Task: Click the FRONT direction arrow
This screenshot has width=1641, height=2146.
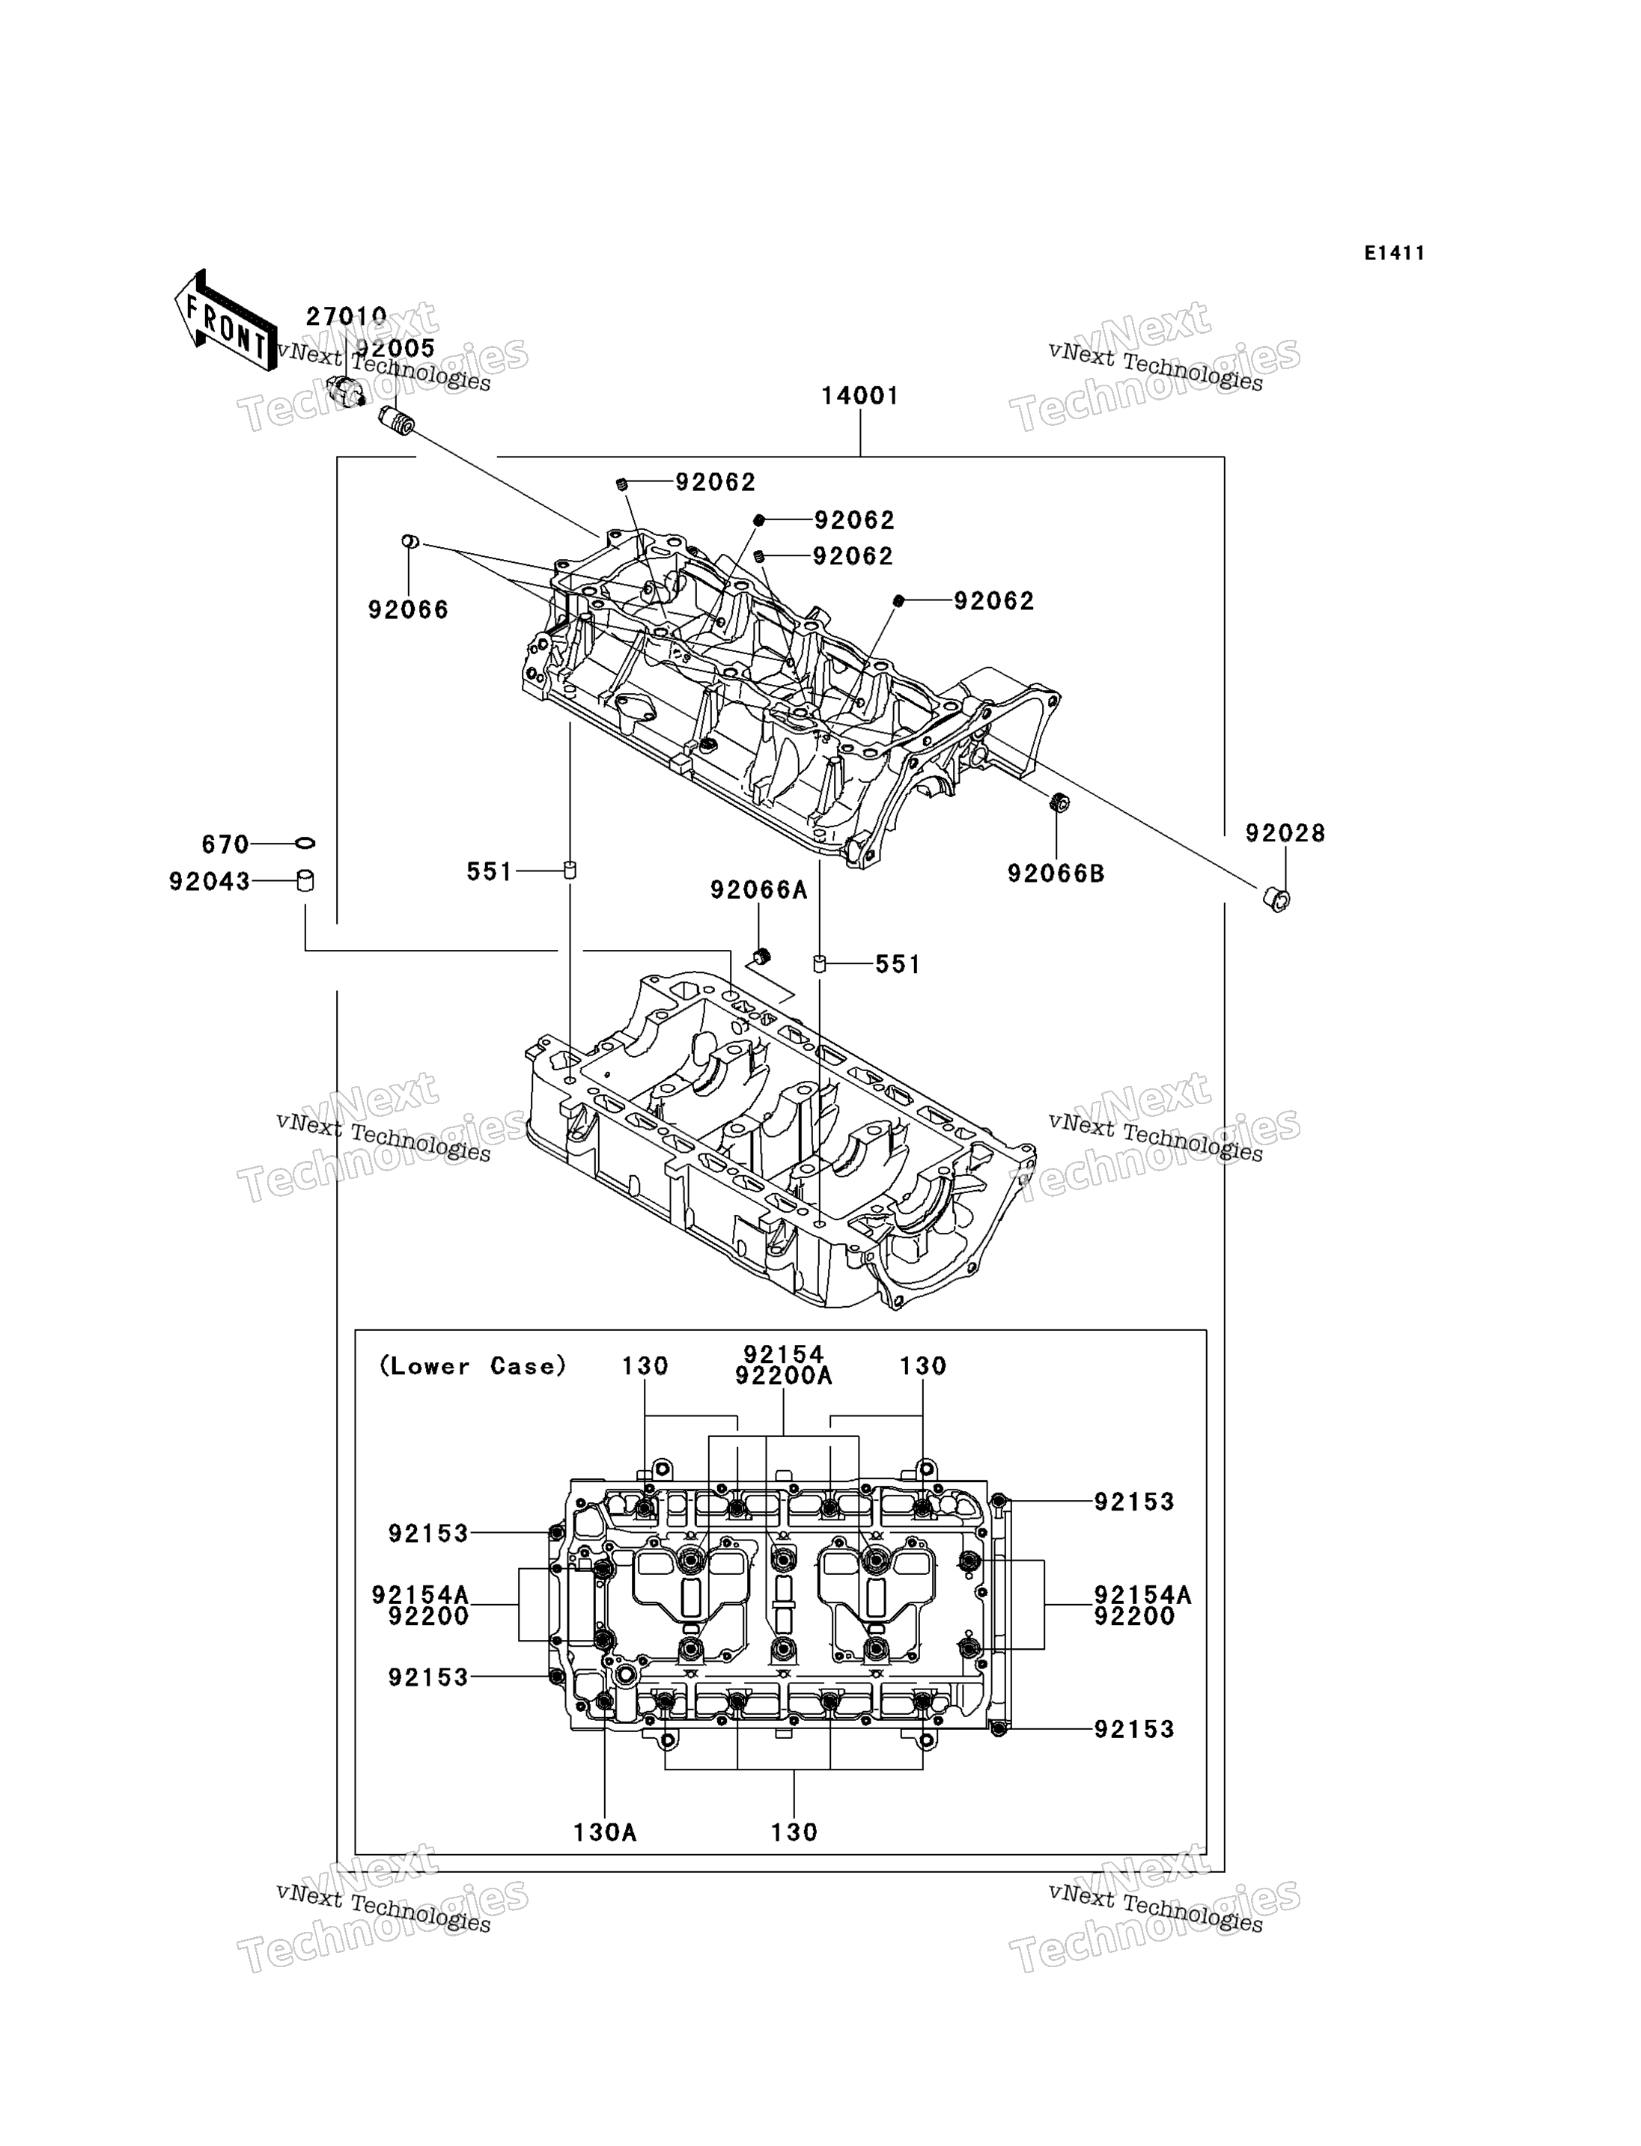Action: click(225, 321)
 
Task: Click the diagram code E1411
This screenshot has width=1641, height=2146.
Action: click(1394, 254)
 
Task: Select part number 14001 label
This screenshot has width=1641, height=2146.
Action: click(859, 396)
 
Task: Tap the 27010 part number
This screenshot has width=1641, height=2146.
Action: click(346, 317)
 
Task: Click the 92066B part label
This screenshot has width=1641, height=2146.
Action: click(1056, 874)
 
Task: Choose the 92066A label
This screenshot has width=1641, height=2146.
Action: click(759, 890)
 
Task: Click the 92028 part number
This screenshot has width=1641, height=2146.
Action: click(1285, 833)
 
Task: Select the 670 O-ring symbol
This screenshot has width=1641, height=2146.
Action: click(305, 843)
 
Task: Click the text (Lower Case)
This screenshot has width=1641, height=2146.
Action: click(473, 1367)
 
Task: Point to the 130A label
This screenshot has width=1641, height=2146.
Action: click(605, 1832)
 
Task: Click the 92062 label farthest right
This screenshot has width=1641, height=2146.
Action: click(993, 601)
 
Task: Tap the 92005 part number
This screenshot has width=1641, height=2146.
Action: click(395, 348)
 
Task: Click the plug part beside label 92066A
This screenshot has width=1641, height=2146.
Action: click(762, 954)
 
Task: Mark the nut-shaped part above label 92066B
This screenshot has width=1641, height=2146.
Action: click(1057, 803)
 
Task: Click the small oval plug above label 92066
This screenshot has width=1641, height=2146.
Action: click(410, 541)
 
